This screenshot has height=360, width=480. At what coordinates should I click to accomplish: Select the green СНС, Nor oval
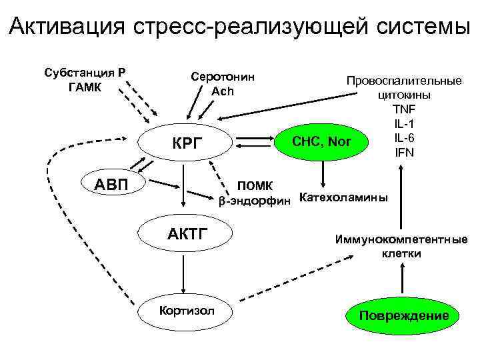[321, 141]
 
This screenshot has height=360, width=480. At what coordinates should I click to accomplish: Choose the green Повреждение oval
[403, 315]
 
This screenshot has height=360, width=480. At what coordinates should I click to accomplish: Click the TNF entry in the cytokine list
[403, 109]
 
